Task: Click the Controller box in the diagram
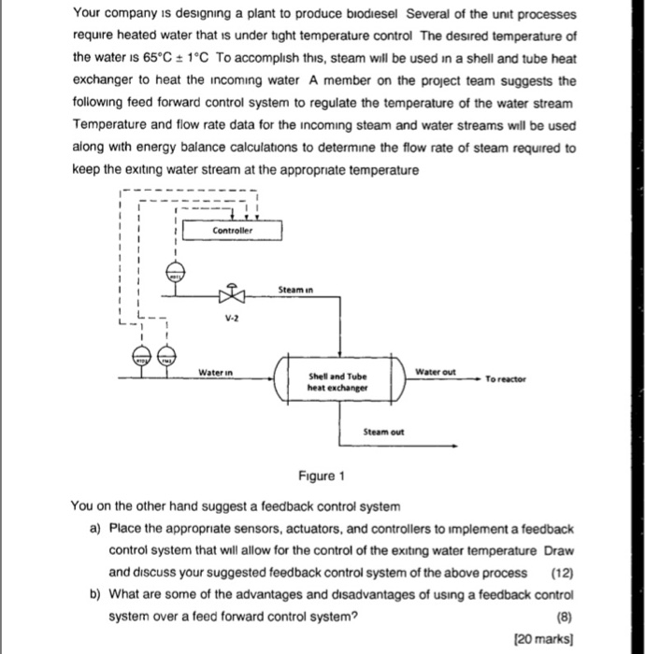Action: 233,229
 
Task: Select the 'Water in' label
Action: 214,372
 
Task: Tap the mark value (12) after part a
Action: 561,573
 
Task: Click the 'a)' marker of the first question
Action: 95,529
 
